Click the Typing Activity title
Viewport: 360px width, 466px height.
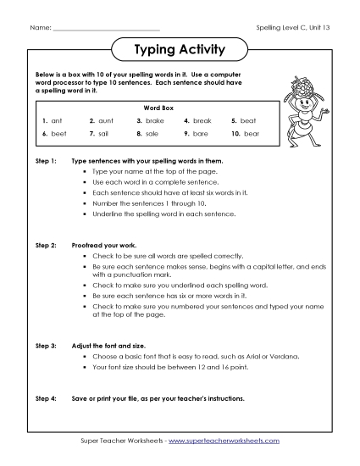click(x=180, y=50)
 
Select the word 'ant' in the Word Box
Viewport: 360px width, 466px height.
click(x=58, y=120)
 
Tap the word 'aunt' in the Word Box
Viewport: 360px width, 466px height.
click(x=106, y=120)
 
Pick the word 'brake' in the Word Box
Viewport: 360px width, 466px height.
click(x=155, y=120)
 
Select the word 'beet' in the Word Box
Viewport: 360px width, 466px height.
click(x=58, y=134)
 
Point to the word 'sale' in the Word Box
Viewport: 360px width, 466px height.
click(x=152, y=134)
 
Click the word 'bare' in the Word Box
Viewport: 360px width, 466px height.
click(x=201, y=134)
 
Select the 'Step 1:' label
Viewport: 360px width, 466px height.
click(x=46, y=160)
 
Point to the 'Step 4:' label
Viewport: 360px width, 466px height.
click(x=46, y=397)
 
